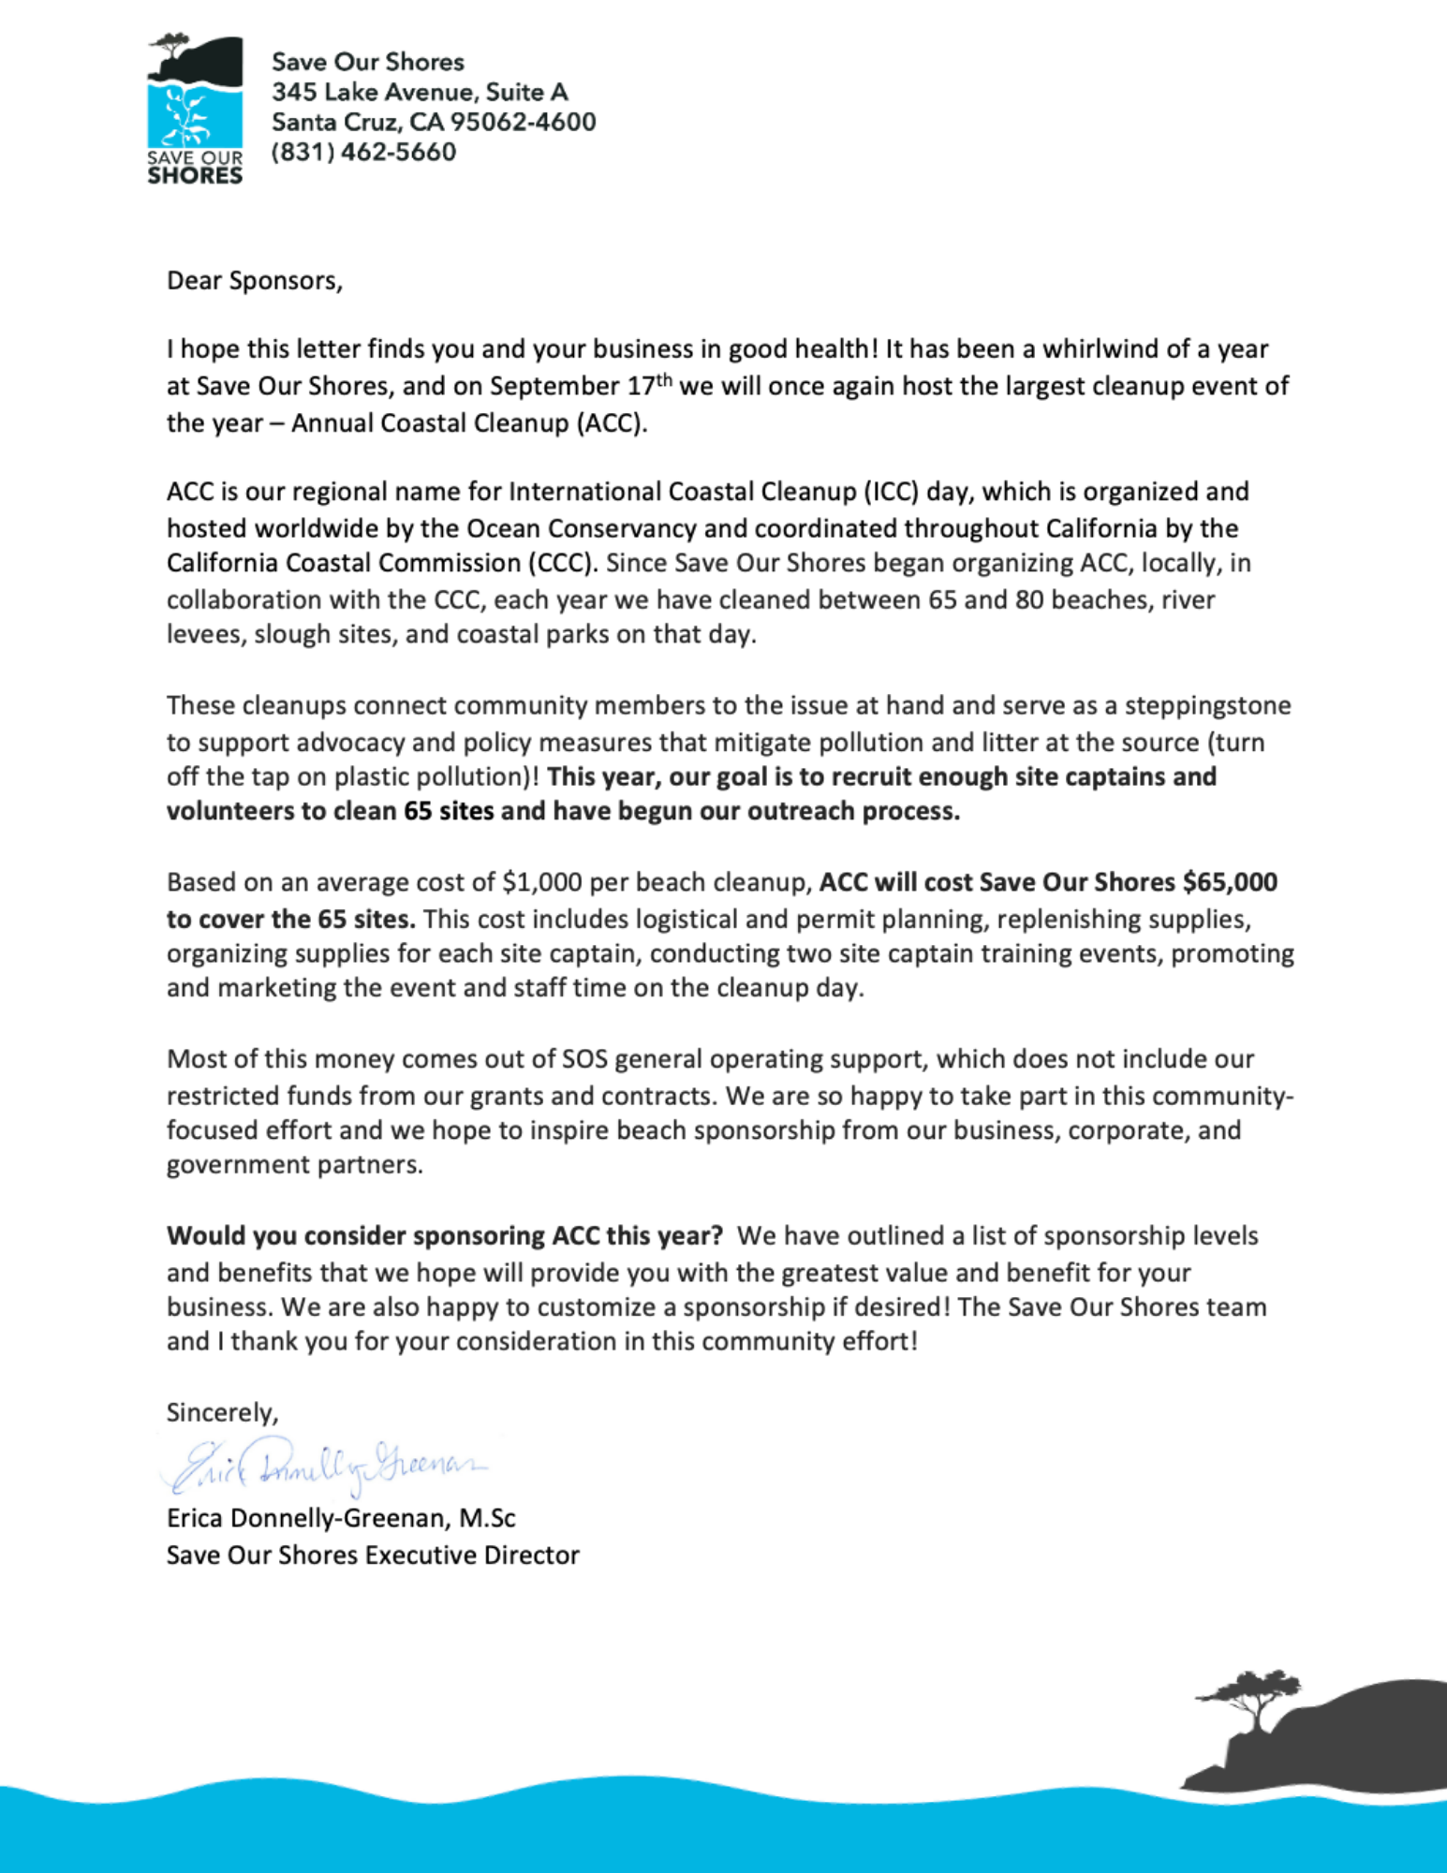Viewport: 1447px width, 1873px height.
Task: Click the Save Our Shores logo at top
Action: coord(195,110)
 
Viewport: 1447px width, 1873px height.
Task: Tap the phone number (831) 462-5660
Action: coord(363,152)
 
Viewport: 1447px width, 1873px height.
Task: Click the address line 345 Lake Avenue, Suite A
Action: coord(420,92)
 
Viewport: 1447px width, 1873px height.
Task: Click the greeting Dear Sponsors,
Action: coord(255,281)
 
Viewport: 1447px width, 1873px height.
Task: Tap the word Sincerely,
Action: coord(222,1412)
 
